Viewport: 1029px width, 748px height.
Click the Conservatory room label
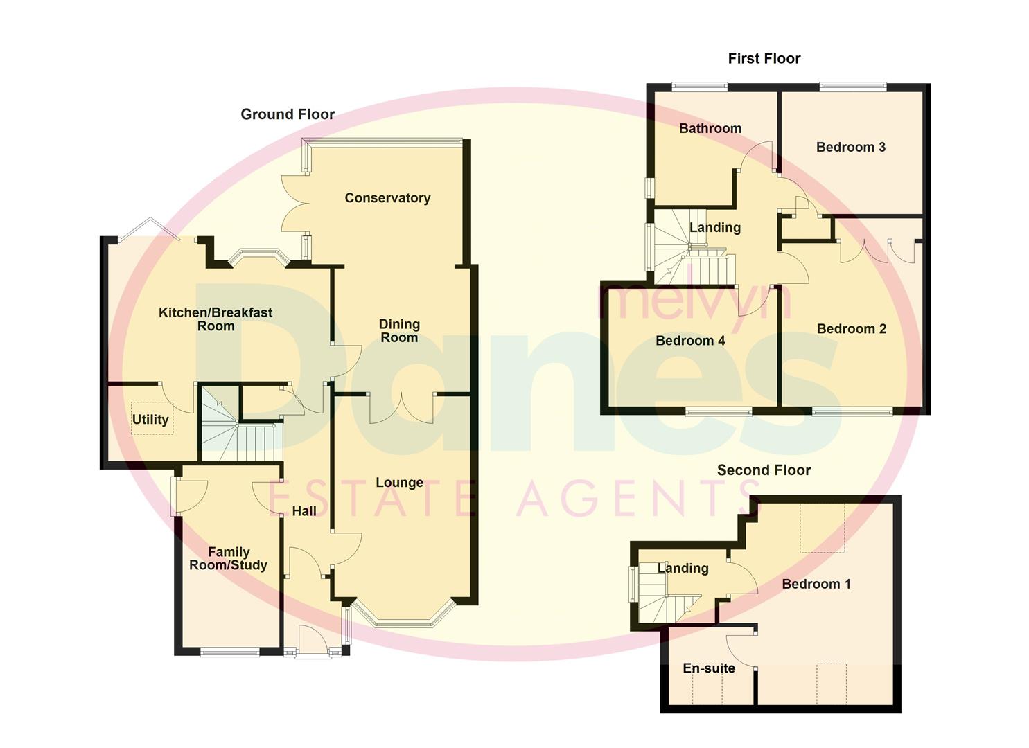click(x=387, y=198)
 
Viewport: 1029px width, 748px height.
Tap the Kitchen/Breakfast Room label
click(x=216, y=319)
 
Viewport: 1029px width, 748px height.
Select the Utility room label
click(x=150, y=420)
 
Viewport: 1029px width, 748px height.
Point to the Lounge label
click(x=399, y=483)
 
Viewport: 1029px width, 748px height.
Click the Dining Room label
click(x=399, y=331)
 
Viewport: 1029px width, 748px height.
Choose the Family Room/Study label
click(x=229, y=558)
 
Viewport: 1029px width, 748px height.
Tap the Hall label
click(x=304, y=511)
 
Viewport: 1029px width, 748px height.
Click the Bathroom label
click(x=710, y=128)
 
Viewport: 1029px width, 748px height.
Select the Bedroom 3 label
click(x=850, y=147)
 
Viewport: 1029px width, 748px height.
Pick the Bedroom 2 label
click(x=851, y=329)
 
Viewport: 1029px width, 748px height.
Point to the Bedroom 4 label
click(x=690, y=341)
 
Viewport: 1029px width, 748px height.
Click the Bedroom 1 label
click(x=816, y=584)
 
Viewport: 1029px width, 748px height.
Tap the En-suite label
click(x=709, y=668)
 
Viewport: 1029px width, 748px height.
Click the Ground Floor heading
click(x=288, y=114)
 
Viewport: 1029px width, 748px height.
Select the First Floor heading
click(x=764, y=59)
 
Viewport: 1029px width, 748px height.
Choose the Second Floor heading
click(x=764, y=470)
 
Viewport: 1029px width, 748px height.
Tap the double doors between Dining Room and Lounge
click(x=401, y=409)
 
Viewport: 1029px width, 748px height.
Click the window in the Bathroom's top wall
click(x=699, y=87)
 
